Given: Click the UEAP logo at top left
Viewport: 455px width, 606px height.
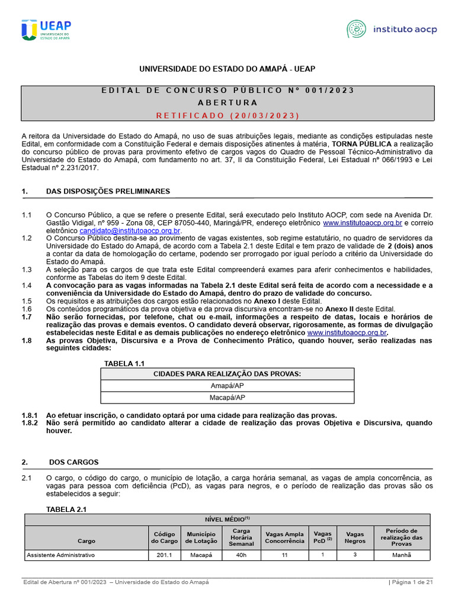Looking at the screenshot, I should (46, 30).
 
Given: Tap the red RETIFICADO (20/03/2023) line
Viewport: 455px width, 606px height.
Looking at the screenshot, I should (227, 115).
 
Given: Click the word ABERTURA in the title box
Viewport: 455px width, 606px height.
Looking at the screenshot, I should (227, 102).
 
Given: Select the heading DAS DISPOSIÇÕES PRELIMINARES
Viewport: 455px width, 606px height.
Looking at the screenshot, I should (108, 191).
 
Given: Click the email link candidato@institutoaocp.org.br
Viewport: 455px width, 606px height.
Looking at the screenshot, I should (130, 230).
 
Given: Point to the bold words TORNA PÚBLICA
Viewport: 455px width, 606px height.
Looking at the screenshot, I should (361, 144).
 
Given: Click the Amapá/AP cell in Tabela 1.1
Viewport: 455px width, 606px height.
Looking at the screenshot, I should (227, 385).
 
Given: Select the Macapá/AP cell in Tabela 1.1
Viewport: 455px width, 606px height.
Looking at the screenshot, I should (227, 397).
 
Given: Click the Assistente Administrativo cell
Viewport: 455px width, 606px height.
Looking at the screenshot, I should (60, 555).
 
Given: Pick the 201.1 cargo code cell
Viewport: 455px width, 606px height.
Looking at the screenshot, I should (164, 555).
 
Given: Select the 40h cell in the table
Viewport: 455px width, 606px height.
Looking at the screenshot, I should (241, 555).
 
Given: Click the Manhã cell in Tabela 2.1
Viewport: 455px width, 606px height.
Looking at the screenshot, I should (401, 555).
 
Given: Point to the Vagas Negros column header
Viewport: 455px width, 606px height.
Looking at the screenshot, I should (355, 537).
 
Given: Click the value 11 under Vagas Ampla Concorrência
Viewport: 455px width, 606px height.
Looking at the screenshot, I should (284, 555).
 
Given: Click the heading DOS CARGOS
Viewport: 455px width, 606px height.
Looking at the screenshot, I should (73, 462).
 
